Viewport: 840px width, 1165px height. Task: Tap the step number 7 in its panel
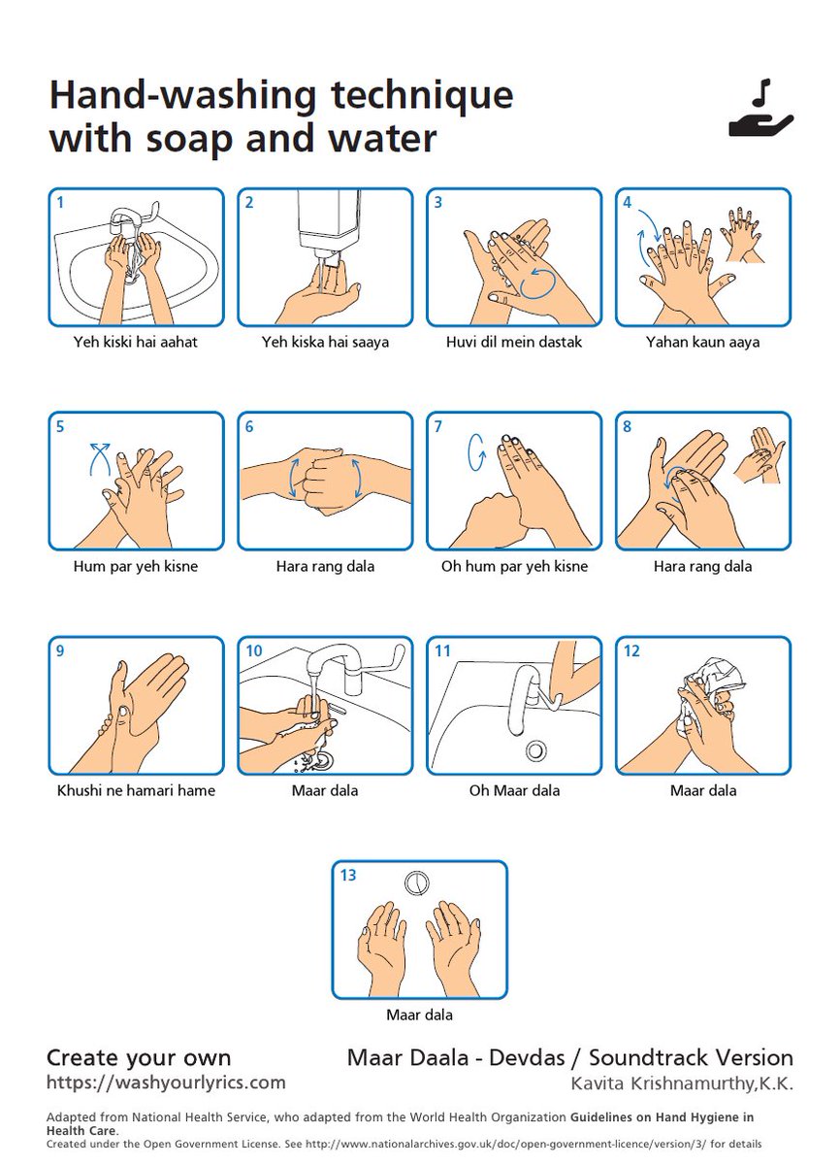(438, 426)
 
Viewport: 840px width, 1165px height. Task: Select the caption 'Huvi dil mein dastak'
(514, 342)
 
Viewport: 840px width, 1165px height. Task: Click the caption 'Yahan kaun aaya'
(703, 342)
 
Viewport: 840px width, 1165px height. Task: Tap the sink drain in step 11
(534, 749)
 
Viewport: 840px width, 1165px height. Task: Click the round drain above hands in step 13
(417, 882)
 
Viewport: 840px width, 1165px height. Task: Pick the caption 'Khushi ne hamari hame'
(136, 790)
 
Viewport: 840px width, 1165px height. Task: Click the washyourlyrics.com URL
(166, 1082)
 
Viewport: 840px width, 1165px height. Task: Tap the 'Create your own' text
(139, 1057)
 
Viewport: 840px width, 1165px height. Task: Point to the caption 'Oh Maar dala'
(514, 790)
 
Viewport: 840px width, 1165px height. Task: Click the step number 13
(347, 875)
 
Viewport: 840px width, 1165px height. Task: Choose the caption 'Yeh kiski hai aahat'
(136, 342)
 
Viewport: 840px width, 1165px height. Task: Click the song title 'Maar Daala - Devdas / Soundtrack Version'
(570, 1057)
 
